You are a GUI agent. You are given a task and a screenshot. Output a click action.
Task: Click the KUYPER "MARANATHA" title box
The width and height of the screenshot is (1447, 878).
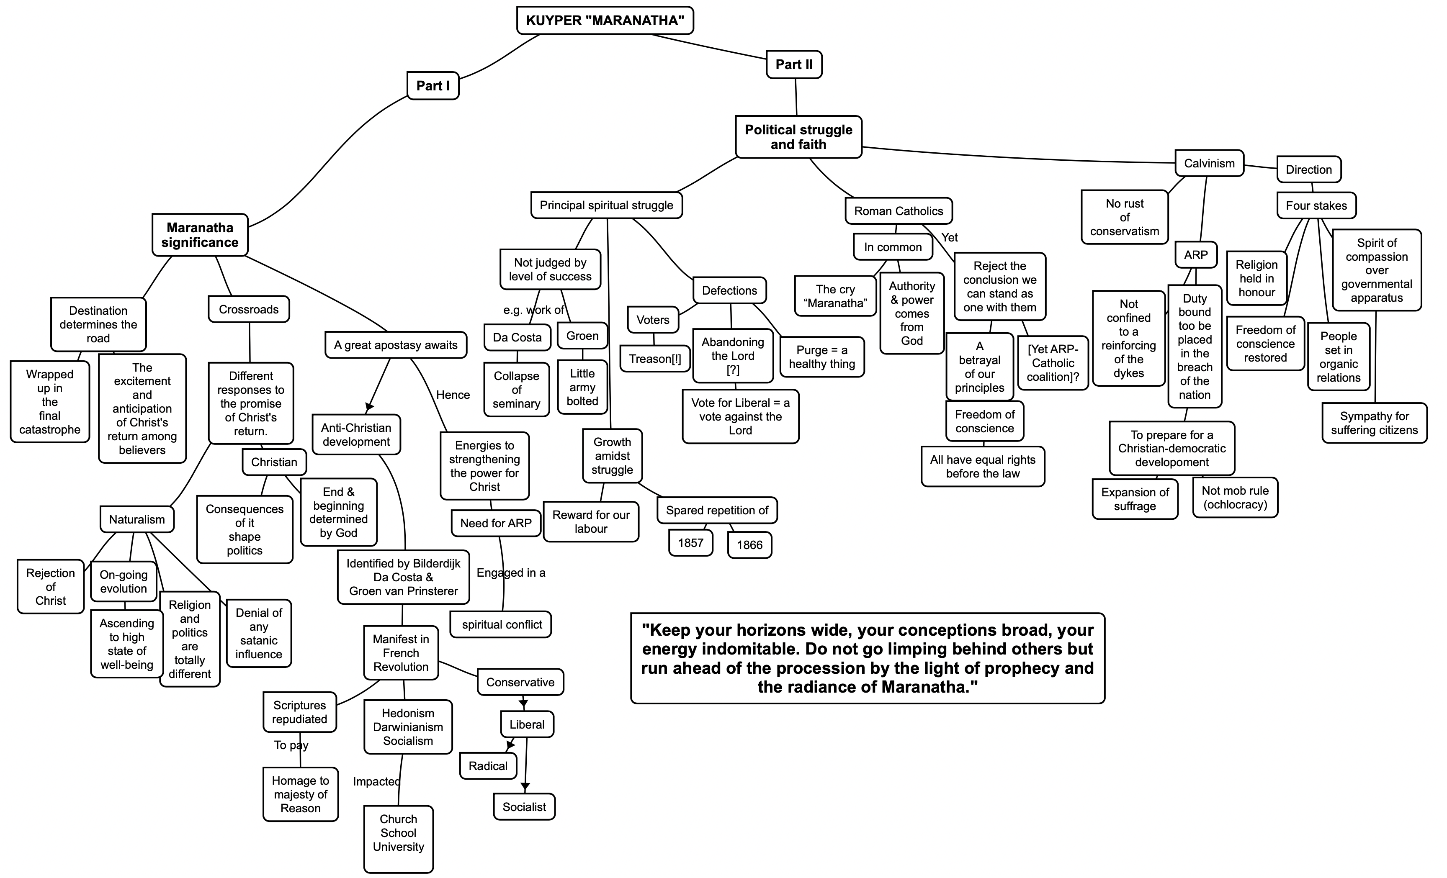605,21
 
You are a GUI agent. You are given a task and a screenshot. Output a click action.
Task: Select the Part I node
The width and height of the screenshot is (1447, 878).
433,86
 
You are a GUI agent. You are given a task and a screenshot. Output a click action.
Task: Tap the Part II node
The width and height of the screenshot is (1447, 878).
794,64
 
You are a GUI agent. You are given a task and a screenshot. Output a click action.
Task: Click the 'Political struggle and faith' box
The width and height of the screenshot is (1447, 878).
799,137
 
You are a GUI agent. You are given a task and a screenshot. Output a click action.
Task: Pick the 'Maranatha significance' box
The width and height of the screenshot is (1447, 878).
200,235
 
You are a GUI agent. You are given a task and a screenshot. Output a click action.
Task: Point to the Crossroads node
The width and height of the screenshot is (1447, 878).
249,309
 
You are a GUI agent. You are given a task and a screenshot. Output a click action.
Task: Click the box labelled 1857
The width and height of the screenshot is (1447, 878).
690,543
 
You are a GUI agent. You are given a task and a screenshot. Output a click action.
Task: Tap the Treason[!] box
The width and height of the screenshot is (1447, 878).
655,359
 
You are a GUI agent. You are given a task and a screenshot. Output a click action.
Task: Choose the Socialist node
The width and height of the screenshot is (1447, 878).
524,807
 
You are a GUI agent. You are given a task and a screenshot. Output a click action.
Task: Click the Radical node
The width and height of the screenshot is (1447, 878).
488,766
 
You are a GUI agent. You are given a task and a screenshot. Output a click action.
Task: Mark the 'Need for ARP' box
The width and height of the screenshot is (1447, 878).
496,523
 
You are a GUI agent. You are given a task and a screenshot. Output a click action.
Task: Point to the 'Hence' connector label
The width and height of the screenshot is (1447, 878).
453,395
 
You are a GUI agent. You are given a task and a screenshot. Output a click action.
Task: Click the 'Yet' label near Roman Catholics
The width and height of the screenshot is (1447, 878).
950,238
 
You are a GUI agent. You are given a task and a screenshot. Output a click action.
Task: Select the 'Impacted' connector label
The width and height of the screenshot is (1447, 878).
376,782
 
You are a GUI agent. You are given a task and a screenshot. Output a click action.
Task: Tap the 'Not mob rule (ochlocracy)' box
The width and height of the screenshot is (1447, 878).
1235,498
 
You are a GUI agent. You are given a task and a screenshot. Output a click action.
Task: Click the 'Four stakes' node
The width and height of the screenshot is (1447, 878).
1316,206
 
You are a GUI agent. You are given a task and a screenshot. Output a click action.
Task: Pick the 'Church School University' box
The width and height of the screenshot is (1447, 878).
398,833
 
